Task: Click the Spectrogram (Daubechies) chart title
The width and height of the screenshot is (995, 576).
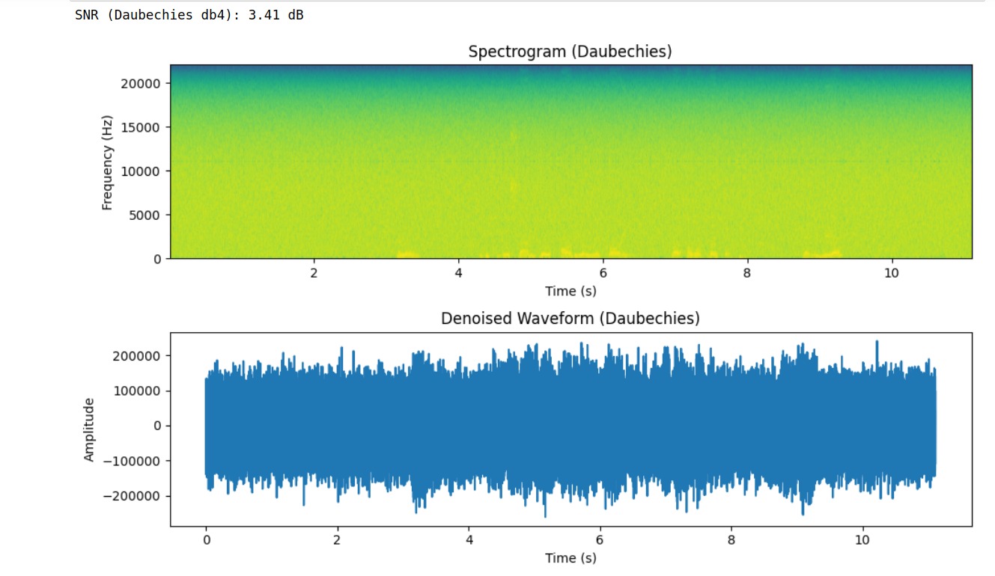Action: tap(570, 52)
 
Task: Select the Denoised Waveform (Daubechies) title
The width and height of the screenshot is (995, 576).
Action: tap(570, 319)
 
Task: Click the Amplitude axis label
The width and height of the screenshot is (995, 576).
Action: tap(90, 430)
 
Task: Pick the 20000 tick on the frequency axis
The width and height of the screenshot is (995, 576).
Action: tap(142, 83)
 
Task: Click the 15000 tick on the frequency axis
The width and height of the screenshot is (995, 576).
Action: tap(142, 127)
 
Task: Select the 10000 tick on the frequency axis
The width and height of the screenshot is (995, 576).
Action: tap(142, 171)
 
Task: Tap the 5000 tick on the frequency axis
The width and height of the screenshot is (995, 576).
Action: tap(144, 215)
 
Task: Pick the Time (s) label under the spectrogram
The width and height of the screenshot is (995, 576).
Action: tap(570, 291)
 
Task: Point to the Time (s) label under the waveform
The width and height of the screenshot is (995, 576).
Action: tap(570, 558)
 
